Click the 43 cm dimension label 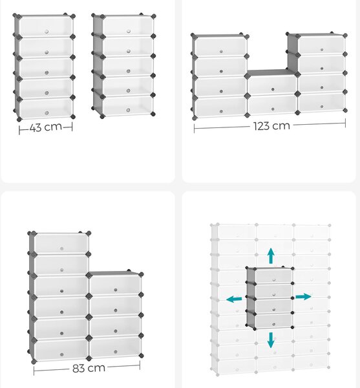(x=46, y=127)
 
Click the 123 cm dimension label (x=271, y=125)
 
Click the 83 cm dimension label (x=89, y=368)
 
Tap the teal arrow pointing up (x=271, y=255)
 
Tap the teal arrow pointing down (x=271, y=340)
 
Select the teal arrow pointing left (x=234, y=299)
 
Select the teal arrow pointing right (x=303, y=296)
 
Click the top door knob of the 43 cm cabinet (x=47, y=32)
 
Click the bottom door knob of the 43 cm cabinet (x=47, y=113)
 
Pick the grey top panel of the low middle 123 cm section (x=271, y=72)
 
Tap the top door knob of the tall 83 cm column (x=61, y=248)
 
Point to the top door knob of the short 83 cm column (x=116, y=290)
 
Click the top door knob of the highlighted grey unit (x=274, y=280)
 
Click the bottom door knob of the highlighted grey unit (x=274, y=324)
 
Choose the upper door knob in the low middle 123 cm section (x=273, y=89)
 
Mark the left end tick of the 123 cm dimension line (x=195, y=129)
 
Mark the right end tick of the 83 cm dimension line (x=140, y=365)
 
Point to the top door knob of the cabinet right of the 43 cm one (x=129, y=31)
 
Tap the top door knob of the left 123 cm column (x=221, y=52)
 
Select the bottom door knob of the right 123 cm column (x=322, y=107)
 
